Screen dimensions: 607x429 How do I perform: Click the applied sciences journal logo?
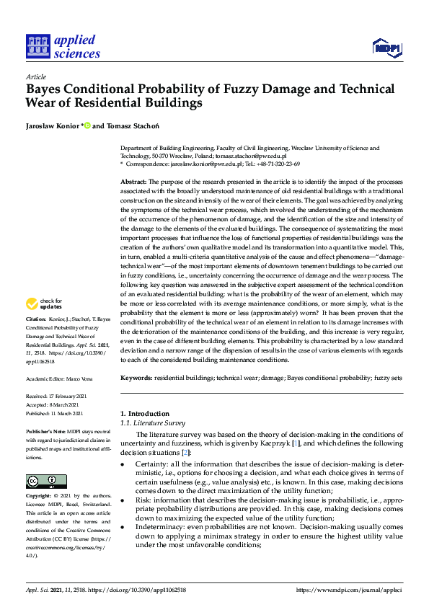click(x=63, y=45)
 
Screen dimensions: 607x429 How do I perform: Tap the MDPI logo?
click(x=386, y=48)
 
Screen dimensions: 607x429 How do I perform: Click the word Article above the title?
click(x=35, y=76)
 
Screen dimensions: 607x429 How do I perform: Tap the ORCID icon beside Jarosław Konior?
click(x=87, y=127)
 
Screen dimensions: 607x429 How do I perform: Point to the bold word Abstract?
click(x=134, y=182)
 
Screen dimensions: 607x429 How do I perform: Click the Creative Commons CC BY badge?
click(x=46, y=482)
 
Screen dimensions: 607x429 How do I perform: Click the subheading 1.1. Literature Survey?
click(x=152, y=423)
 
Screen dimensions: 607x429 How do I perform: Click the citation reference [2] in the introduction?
click(x=186, y=452)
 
